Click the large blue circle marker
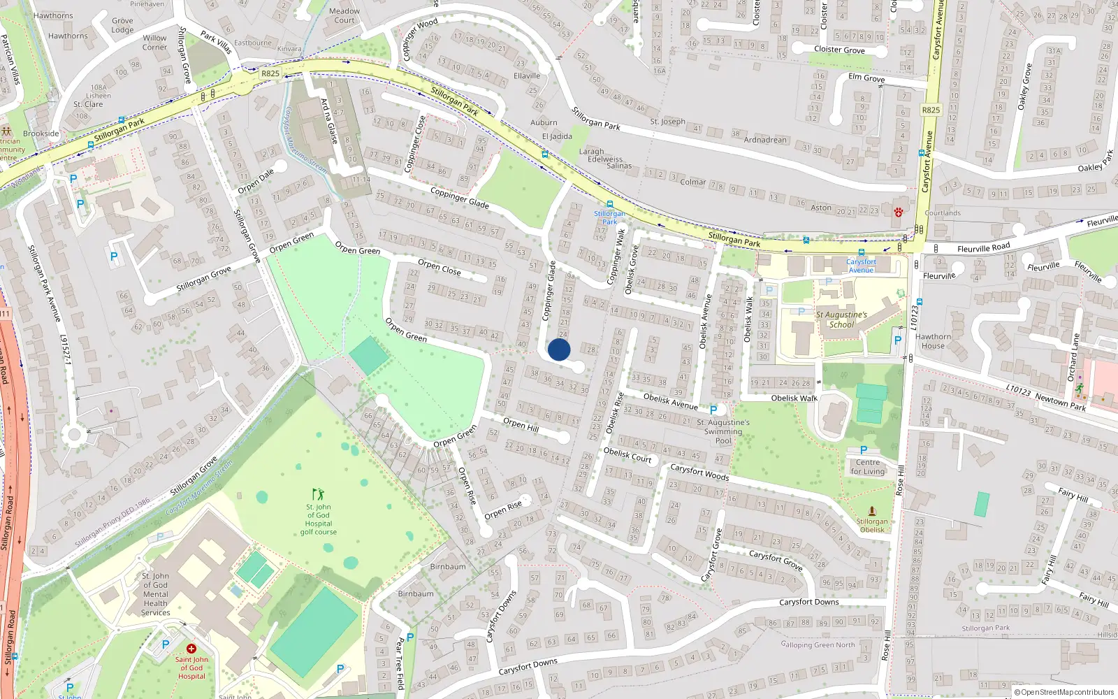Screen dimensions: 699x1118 coord(559,349)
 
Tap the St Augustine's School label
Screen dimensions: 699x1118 coord(841,319)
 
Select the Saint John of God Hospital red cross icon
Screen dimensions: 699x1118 coord(191,649)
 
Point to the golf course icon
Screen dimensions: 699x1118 coord(318,494)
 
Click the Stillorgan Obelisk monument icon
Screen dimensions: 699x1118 coord(871,511)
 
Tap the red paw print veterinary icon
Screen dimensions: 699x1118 coord(899,212)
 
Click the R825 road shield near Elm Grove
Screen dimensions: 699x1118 coord(931,110)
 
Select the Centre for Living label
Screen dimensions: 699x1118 coord(868,467)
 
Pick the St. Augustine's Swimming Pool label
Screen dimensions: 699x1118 coord(723,431)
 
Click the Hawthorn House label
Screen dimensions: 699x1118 coord(933,341)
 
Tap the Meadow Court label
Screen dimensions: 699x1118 coord(344,15)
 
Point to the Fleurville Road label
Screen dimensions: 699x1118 coord(983,248)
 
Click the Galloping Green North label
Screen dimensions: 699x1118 coord(818,644)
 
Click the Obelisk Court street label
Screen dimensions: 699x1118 coord(627,455)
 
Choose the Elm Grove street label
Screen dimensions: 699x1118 coord(866,78)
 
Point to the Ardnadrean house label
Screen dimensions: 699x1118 coord(765,140)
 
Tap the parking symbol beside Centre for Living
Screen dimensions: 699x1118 coord(864,450)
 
